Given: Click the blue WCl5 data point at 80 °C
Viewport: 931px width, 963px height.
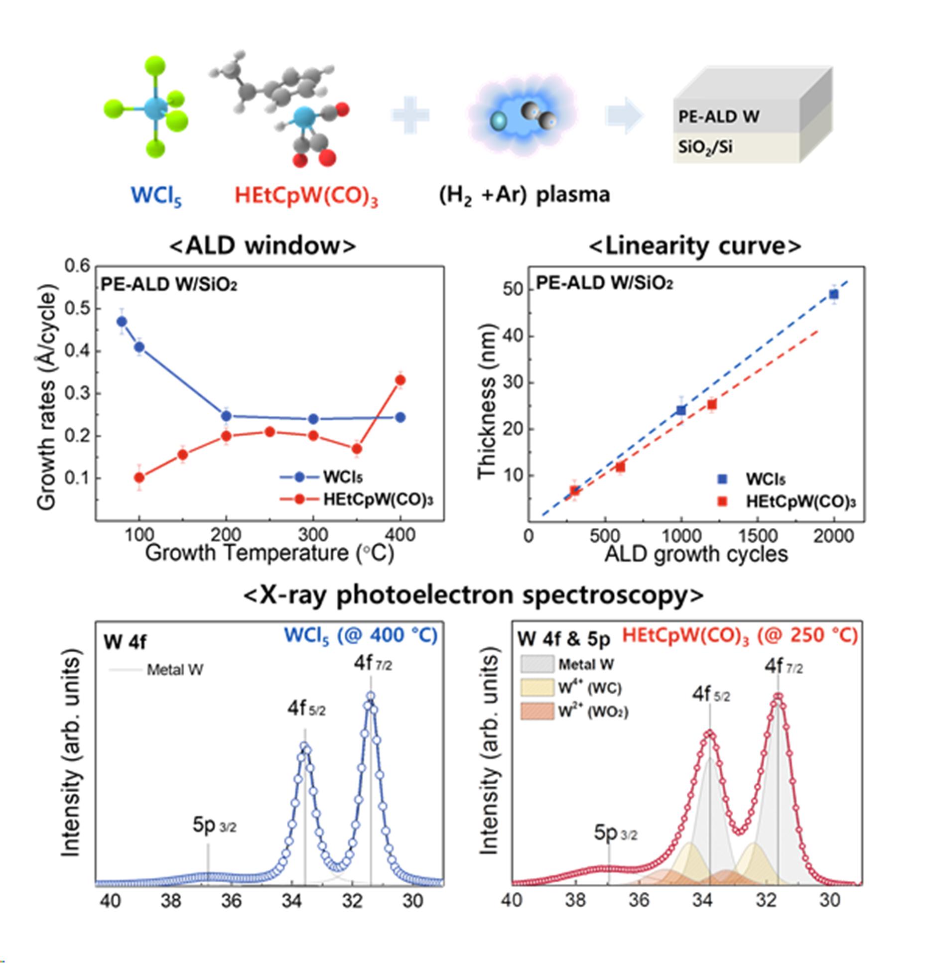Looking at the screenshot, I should [x=122, y=322].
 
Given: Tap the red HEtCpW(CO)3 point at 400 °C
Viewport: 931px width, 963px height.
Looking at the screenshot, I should [x=400, y=380].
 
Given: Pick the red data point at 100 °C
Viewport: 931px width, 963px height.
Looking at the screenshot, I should [x=139, y=478].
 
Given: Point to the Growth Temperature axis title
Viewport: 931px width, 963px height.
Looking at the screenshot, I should [x=269, y=553].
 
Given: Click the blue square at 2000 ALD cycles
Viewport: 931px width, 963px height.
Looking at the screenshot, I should [x=833, y=294].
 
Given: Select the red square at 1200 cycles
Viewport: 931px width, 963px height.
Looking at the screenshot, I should [x=712, y=404].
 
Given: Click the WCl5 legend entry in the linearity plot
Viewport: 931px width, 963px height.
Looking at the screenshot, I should [x=765, y=479].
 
